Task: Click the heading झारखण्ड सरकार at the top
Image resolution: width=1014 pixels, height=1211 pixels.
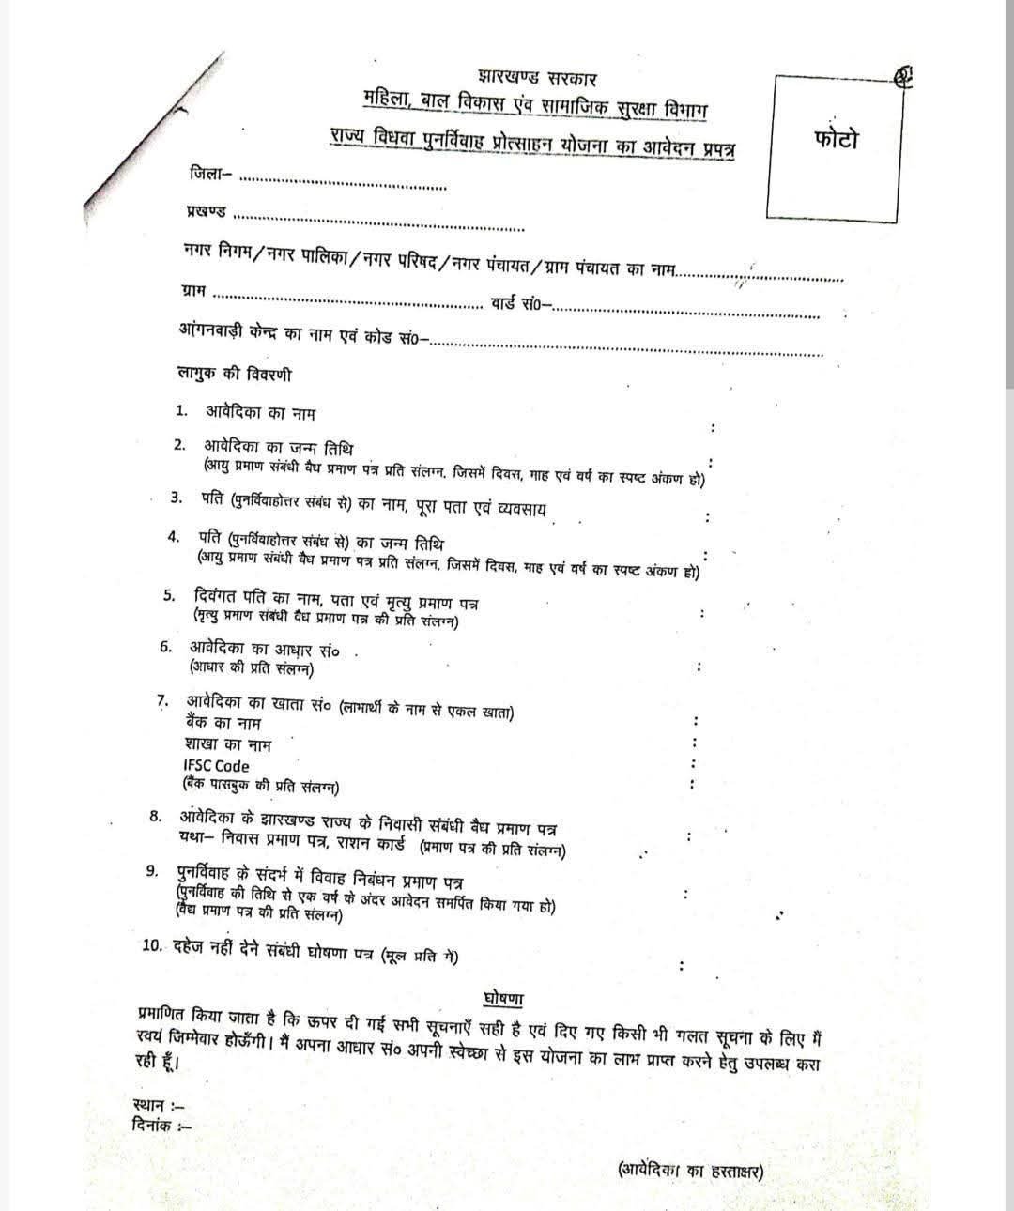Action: pos(536,78)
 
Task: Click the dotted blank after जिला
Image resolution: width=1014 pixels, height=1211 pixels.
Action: pos(343,181)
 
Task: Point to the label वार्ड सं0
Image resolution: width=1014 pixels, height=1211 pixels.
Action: pos(520,302)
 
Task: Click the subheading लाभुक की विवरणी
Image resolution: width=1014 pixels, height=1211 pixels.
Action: pos(235,374)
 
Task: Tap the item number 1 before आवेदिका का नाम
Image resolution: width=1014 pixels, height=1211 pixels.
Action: pos(182,410)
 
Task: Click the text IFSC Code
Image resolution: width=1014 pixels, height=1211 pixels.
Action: pos(217,765)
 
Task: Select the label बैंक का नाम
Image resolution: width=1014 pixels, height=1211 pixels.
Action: pos(223,724)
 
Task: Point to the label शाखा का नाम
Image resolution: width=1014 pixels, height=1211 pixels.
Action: pos(228,744)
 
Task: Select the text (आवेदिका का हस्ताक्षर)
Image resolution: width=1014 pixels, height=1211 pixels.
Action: pos(690,1171)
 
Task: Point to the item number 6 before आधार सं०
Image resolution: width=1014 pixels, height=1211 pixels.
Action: pos(165,647)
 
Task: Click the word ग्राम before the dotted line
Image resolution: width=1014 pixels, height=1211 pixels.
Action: pos(193,292)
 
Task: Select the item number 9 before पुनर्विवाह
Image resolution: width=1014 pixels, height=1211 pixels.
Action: pos(153,871)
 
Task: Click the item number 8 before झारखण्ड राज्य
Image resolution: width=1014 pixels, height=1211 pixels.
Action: pos(155,815)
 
